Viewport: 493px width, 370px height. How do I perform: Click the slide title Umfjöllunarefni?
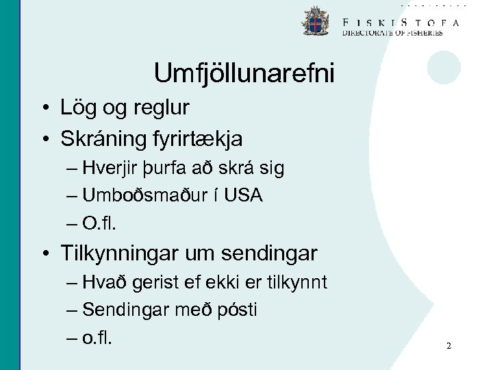pyautogui.click(x=244, y=73)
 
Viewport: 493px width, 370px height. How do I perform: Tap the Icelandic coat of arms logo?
pyautogui.click(x=315, y=21)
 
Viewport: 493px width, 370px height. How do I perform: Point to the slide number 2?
pyautogui.click(x=448, y=346)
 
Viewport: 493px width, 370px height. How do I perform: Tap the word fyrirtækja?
pyautogui.click(x=199, y=139)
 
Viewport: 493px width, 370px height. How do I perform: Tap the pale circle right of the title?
pyautogui.click(x=444, y=67)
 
